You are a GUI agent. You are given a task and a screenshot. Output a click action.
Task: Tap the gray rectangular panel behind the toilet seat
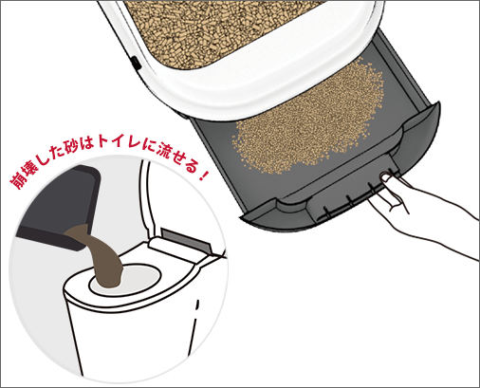tap(186, 240)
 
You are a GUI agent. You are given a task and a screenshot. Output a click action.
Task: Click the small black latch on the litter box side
tap(136, 63)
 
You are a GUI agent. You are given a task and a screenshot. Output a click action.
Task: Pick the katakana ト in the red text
tap(102, 142)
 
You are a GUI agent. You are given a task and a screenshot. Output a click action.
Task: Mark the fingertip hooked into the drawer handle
tap(386, 177)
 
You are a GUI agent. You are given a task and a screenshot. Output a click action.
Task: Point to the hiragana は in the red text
tap(86, 143)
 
